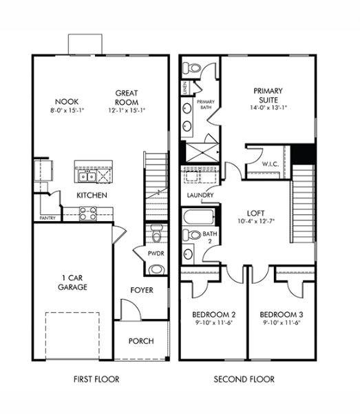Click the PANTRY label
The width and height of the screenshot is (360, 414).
47,218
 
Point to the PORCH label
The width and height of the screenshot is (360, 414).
141,341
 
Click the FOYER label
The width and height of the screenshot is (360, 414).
141,290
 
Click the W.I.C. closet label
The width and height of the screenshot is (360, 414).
271,163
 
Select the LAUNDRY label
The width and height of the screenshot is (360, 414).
200,196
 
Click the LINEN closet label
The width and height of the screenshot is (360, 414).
185,88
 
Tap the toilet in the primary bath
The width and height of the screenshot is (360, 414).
192,68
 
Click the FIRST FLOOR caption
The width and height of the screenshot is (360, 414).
96,379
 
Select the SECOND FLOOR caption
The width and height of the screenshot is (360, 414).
244,379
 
